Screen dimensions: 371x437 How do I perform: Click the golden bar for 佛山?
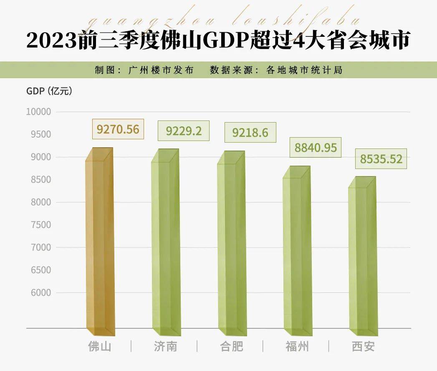pos(99,243)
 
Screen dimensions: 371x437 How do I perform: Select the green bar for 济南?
pos(165,243)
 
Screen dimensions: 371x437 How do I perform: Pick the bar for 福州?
pos(296,251)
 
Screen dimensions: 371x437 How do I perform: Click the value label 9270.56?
pos(118,129)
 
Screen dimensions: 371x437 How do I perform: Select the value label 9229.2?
pos(184,131)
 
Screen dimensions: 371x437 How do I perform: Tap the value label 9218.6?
pos(250,133)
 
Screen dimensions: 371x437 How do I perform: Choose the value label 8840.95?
pos(316,147)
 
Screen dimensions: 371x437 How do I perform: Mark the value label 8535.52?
pos(381,159)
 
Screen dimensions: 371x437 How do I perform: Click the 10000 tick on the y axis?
pos(38,112)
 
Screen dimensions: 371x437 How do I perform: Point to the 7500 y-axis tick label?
pos(40,225)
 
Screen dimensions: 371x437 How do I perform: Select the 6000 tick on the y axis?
pos(40,292)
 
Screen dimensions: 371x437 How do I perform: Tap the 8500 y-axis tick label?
pos(40,179)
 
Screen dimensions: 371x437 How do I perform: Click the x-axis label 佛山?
pos(100,347)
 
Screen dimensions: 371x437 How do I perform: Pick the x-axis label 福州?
pos(297,347)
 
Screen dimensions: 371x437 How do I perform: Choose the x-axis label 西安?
pos(363,347)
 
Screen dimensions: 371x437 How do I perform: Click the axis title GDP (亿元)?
pos(49,91)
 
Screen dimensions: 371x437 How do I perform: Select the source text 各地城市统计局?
pos(304,70)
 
